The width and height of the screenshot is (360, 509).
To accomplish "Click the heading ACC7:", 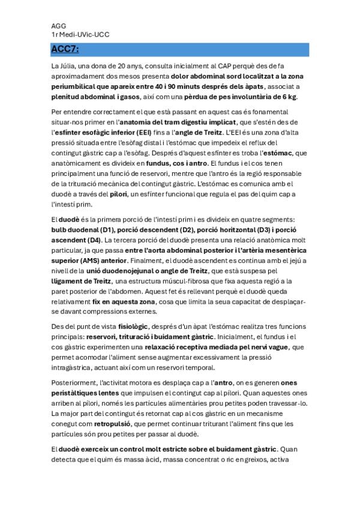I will coord(65,49).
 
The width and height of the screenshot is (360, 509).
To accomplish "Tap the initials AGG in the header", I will coord(59,26).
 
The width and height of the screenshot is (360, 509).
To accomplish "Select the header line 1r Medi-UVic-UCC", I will coord(80,35).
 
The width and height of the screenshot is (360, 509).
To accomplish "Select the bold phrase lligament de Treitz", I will coord(83,281).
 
